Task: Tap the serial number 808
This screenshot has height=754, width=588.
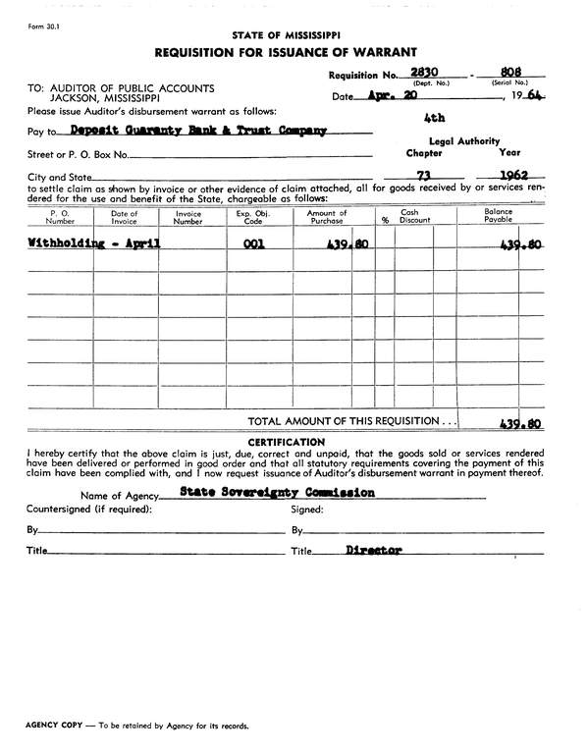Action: point(509,73)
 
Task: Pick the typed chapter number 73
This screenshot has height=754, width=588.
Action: point(425,177)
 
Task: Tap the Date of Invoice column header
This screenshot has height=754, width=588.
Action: point(125,217)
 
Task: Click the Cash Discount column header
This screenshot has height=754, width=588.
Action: point(409,217)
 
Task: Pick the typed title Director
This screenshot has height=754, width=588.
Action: point(374,550)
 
